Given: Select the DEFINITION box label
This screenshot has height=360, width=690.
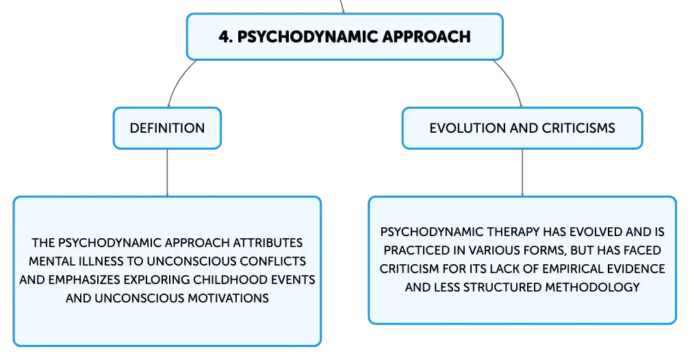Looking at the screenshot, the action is tap(167, 128).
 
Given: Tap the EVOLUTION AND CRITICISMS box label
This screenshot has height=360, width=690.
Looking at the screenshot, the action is tap(522, 128).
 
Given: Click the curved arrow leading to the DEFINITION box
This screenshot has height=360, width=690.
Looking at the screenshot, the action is tap(178, 81).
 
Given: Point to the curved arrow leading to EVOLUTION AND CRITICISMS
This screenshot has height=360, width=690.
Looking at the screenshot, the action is tap(511, 81).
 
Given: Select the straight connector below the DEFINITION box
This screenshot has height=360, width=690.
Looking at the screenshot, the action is tap(167, 172).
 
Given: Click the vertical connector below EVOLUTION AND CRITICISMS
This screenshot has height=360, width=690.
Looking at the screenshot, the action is tap(522, 172).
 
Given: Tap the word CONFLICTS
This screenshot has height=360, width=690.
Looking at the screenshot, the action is tap(273, 261).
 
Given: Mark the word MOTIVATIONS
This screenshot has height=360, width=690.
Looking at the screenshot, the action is tap(228, 298).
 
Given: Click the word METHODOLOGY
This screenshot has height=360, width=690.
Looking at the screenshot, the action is tap(592, 287).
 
